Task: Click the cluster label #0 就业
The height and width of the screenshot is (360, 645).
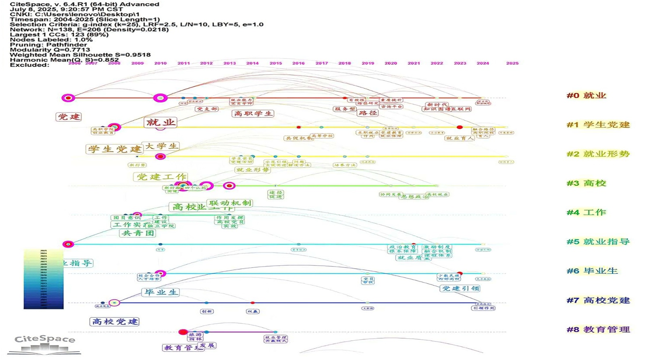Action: (586, 96)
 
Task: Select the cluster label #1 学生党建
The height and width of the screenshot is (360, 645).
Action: (598, 125)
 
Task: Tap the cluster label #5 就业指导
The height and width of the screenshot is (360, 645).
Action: (598, 242)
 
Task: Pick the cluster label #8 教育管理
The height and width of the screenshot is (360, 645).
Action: (598, 329)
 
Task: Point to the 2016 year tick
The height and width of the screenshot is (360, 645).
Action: (298, 63)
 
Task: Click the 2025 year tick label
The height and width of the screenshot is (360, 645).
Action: (512, 63)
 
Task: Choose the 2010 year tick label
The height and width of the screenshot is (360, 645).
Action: (160, 63)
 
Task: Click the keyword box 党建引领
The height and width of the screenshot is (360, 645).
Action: (460, 288)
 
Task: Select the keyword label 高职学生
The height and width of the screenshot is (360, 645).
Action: (253, 114)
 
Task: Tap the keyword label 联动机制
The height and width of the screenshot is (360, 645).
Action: (230, 203)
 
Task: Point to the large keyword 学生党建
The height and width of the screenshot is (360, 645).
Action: (114, 149)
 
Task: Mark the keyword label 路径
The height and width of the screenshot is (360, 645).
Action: (368, 113)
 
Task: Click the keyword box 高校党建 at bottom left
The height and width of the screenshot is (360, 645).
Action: (115, 321)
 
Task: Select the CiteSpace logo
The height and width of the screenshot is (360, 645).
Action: (44, 344)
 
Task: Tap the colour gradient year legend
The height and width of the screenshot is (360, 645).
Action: (44, 279)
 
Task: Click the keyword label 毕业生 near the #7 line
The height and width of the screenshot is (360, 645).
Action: (161, 292)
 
